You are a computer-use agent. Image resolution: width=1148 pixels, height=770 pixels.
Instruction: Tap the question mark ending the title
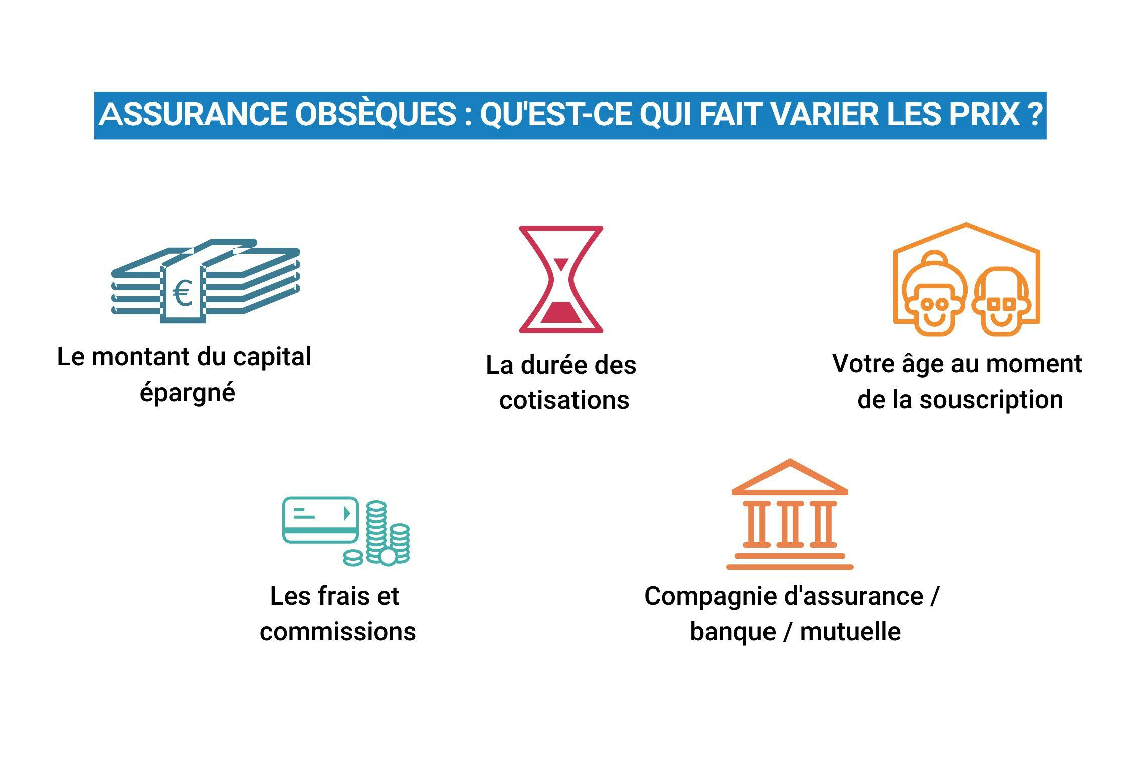(x=1034, y=114)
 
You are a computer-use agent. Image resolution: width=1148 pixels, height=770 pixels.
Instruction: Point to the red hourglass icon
(x=561, y=279)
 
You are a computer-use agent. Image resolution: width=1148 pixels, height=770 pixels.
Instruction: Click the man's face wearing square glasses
(x=1002, y=303)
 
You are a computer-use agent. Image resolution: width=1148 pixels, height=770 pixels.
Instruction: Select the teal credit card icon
(x=320, y=520)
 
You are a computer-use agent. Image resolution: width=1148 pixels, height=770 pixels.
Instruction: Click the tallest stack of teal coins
(x=376, y=531)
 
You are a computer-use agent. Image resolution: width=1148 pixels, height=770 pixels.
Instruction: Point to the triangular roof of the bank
(x=790, y=479)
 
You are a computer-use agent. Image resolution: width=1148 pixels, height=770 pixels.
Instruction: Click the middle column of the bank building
(x=790, y=524)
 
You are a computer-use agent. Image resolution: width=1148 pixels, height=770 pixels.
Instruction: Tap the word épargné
(x=187, y=392)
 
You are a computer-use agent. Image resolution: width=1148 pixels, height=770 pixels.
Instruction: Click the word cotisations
(x=564, y=400)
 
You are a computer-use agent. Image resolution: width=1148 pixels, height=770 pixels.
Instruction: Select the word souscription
(x=991, y=400)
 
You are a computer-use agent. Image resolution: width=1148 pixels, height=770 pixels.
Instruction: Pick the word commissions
(x=337, y=631)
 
